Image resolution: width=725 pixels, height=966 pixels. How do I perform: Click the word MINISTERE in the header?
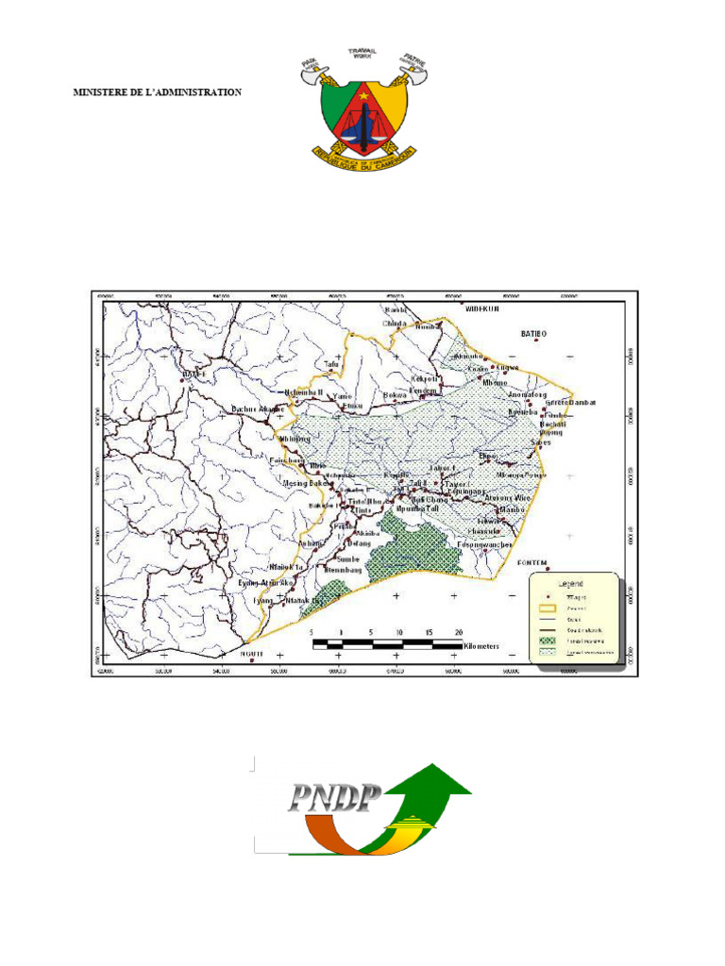pos(98,92)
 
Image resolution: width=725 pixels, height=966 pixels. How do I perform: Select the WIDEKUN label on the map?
pos(479,308)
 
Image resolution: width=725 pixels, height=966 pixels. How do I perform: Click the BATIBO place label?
pos(534,334)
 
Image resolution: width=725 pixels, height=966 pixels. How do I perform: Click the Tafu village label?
pos(330,362)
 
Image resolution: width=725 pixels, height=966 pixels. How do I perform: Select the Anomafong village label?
pos(529,395)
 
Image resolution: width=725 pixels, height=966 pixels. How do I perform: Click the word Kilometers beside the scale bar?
pos(483,648)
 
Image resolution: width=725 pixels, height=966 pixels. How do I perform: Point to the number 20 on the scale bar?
pos(459,631)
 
